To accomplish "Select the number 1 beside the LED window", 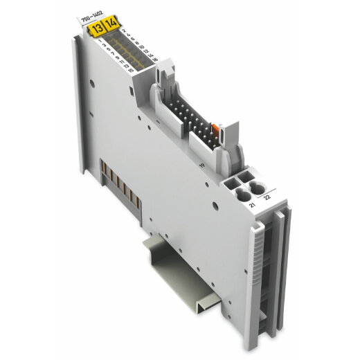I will point(102,44).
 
